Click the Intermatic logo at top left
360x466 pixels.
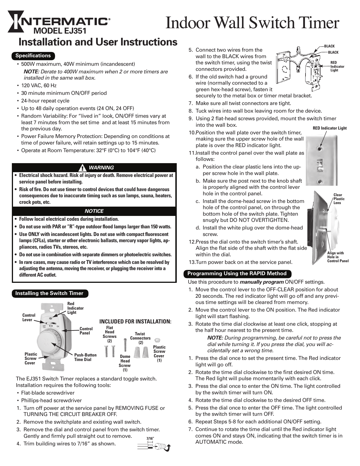point(58,21)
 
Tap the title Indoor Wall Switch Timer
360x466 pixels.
point(252,23)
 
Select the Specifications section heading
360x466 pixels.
point(33,56)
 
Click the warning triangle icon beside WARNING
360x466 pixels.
point(82,168)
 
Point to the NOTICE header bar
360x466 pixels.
point(94,211)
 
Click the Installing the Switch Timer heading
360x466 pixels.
point(49,293)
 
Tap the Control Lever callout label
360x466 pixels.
point(29,318)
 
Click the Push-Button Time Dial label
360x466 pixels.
point(85,357)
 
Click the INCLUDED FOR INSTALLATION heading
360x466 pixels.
point(136,322)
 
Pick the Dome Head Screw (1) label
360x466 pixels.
point(125,363)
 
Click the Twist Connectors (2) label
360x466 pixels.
point(140,338)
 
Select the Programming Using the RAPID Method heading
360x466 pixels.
point(237,274)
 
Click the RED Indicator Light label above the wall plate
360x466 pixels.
point(330,128)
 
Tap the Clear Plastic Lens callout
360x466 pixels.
point(339,199)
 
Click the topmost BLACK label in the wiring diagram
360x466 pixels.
point(329,46)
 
